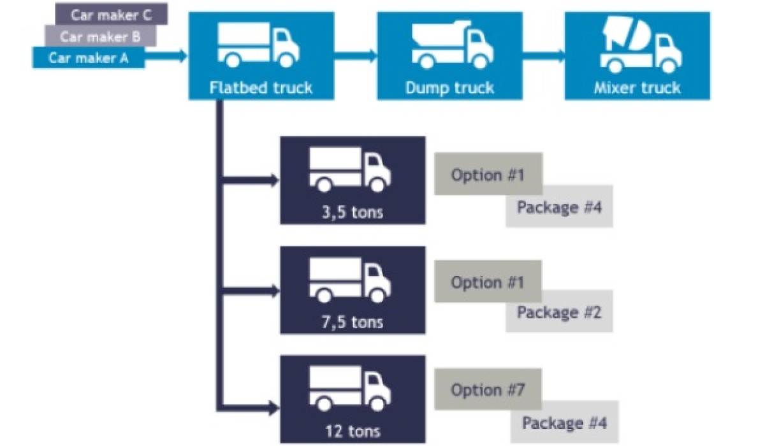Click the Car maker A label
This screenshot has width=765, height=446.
point(88,58)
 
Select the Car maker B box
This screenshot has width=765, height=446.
point(100,36)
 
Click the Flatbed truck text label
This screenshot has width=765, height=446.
point(261,87)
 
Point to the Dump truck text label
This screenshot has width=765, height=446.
point(449,87)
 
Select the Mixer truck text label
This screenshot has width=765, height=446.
point(637,87)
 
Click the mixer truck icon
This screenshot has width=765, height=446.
point(639,45)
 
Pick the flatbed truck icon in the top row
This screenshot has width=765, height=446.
point(259,45)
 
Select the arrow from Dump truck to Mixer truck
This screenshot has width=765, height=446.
point(543,55)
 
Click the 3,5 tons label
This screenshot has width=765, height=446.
point(353,211)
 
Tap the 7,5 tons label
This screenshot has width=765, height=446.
point(353,321)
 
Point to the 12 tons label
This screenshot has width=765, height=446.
point(353,430)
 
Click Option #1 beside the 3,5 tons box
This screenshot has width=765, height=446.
point(488,174)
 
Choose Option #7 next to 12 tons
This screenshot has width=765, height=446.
point(488,389)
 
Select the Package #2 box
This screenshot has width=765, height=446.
point(559,312)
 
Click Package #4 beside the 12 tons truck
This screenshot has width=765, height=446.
point(564,422)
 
